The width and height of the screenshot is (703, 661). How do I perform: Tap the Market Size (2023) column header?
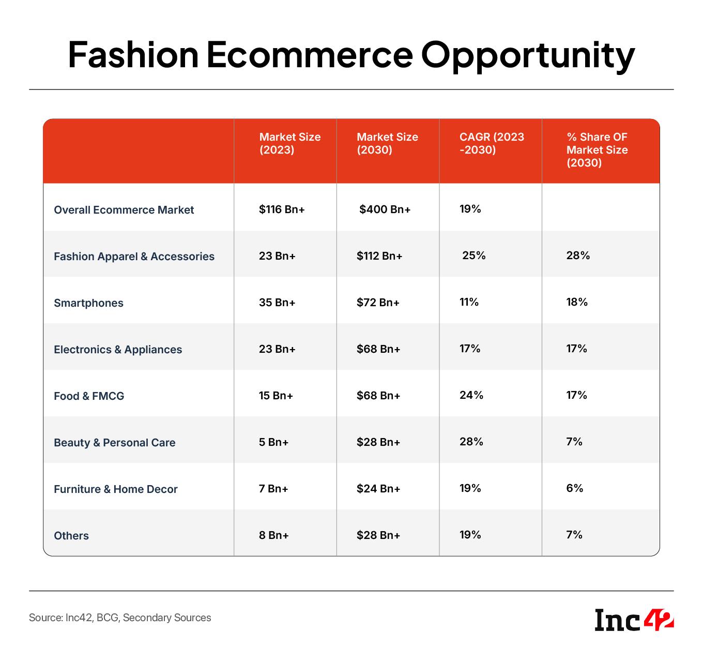(290, 143)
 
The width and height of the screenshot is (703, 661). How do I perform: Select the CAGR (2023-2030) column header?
(491, 143)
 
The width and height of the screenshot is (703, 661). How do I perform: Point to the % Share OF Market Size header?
(597, 149)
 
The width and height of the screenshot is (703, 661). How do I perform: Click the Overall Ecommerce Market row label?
(124, 209)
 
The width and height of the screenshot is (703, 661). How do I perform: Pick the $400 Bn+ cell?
(385, 209)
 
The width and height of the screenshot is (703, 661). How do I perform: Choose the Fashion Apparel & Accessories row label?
(134, 256)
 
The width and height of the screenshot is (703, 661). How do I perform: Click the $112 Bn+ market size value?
(379, 256)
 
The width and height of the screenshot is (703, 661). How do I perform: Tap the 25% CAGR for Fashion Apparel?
(473, 255)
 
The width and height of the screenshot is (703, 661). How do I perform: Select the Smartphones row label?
(88, 303)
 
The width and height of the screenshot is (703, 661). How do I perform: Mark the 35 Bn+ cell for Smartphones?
(277, 302)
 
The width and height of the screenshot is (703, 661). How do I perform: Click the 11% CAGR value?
(469, 302)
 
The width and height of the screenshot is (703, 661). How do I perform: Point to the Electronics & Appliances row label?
(117, 349)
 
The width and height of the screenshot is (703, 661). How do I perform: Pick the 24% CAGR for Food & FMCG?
(471, 395)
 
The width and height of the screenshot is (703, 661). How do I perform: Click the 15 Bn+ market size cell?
(276, 395)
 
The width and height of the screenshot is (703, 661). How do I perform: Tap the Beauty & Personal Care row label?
(114, 442)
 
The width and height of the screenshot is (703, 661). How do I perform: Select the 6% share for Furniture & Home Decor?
(574, 488)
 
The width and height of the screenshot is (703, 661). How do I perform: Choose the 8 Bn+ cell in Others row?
(273, 535)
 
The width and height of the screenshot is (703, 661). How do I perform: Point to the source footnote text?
(119, 618)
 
